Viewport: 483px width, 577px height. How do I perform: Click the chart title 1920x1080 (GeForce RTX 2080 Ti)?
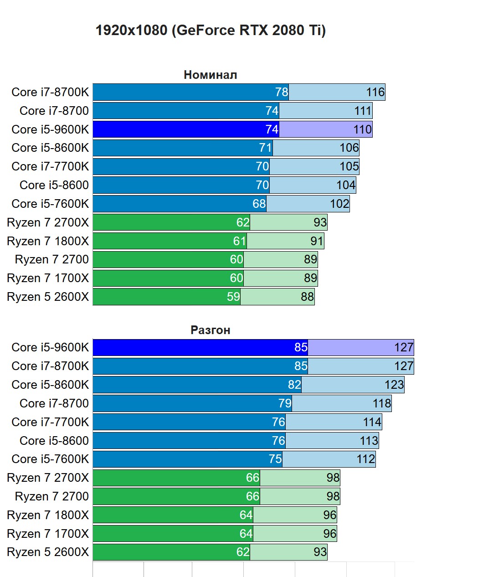211,31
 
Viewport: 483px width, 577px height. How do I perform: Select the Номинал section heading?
210,75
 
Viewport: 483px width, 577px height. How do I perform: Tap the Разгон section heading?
210,330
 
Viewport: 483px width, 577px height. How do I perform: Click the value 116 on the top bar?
375,92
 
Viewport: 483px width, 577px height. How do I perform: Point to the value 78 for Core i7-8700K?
282,92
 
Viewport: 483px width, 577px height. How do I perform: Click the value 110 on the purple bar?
363,129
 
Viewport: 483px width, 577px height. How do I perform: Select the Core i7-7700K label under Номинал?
50,166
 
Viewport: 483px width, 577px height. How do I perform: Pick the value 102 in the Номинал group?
339,204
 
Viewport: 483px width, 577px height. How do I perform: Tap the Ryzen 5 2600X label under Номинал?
48,297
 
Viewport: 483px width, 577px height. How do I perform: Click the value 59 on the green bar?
233,297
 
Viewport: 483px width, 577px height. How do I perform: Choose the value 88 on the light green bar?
307,297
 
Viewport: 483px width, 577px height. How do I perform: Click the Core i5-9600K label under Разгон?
50,347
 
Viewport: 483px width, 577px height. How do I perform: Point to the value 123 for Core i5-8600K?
394,385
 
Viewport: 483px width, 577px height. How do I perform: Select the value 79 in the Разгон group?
285,403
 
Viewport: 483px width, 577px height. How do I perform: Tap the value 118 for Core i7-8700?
382,403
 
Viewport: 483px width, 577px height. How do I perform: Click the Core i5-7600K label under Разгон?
50,459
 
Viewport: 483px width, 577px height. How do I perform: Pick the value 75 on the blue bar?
275,459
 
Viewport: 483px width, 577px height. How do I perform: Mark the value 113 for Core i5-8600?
369,441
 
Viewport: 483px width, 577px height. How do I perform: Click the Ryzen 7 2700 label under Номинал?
52,259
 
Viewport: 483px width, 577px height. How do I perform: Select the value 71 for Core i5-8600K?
265,148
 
